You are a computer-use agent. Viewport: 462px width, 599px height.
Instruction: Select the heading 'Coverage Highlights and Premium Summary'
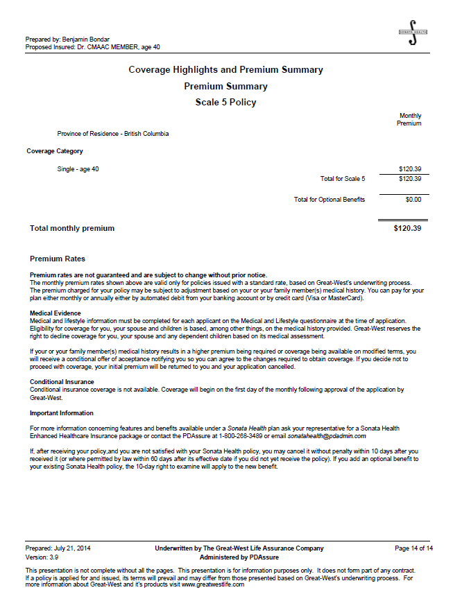(x=225, y=70)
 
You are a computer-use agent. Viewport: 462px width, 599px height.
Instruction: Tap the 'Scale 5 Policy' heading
(x=225, y=103)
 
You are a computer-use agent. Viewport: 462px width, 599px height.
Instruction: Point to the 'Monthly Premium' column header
(x=409, y=120)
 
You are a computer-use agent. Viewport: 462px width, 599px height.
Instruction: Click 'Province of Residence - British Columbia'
(x=113, y=134)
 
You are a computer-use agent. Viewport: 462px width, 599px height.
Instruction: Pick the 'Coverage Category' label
(x=55, y=151)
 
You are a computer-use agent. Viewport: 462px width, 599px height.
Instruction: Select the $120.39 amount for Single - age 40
(x=410, y=169)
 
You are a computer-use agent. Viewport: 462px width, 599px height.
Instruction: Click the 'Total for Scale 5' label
(x=343, y=179)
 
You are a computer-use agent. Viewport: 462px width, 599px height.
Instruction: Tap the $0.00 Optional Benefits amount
(x=413, y=200)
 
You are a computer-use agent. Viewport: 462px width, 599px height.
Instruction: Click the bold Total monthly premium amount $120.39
(x=407, y=228)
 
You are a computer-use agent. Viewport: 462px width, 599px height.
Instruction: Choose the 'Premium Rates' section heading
(x=58, y=259)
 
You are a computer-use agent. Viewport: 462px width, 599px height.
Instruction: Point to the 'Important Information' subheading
(x=61, y=413)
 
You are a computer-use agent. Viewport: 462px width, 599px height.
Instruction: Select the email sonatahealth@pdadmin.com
(x=326, y=436)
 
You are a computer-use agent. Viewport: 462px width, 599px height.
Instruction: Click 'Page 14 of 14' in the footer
(x=413, y=548)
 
